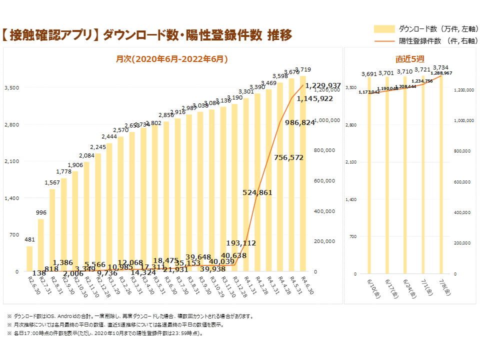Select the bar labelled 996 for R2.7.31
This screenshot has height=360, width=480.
[41, 245]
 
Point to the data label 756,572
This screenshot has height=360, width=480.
[289, 157]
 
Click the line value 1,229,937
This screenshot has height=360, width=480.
[323, 85]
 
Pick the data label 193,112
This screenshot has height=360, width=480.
[241, 243]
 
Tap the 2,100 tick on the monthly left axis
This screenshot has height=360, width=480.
[11, 161]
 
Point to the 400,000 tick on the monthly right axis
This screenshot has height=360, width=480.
[324, 211]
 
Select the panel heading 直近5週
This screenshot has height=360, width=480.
[410, 59]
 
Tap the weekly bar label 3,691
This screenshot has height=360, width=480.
[368, 74]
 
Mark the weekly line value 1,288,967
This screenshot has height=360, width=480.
[441, 73]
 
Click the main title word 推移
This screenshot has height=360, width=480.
[279, 35]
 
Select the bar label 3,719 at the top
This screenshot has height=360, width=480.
[303, 69]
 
